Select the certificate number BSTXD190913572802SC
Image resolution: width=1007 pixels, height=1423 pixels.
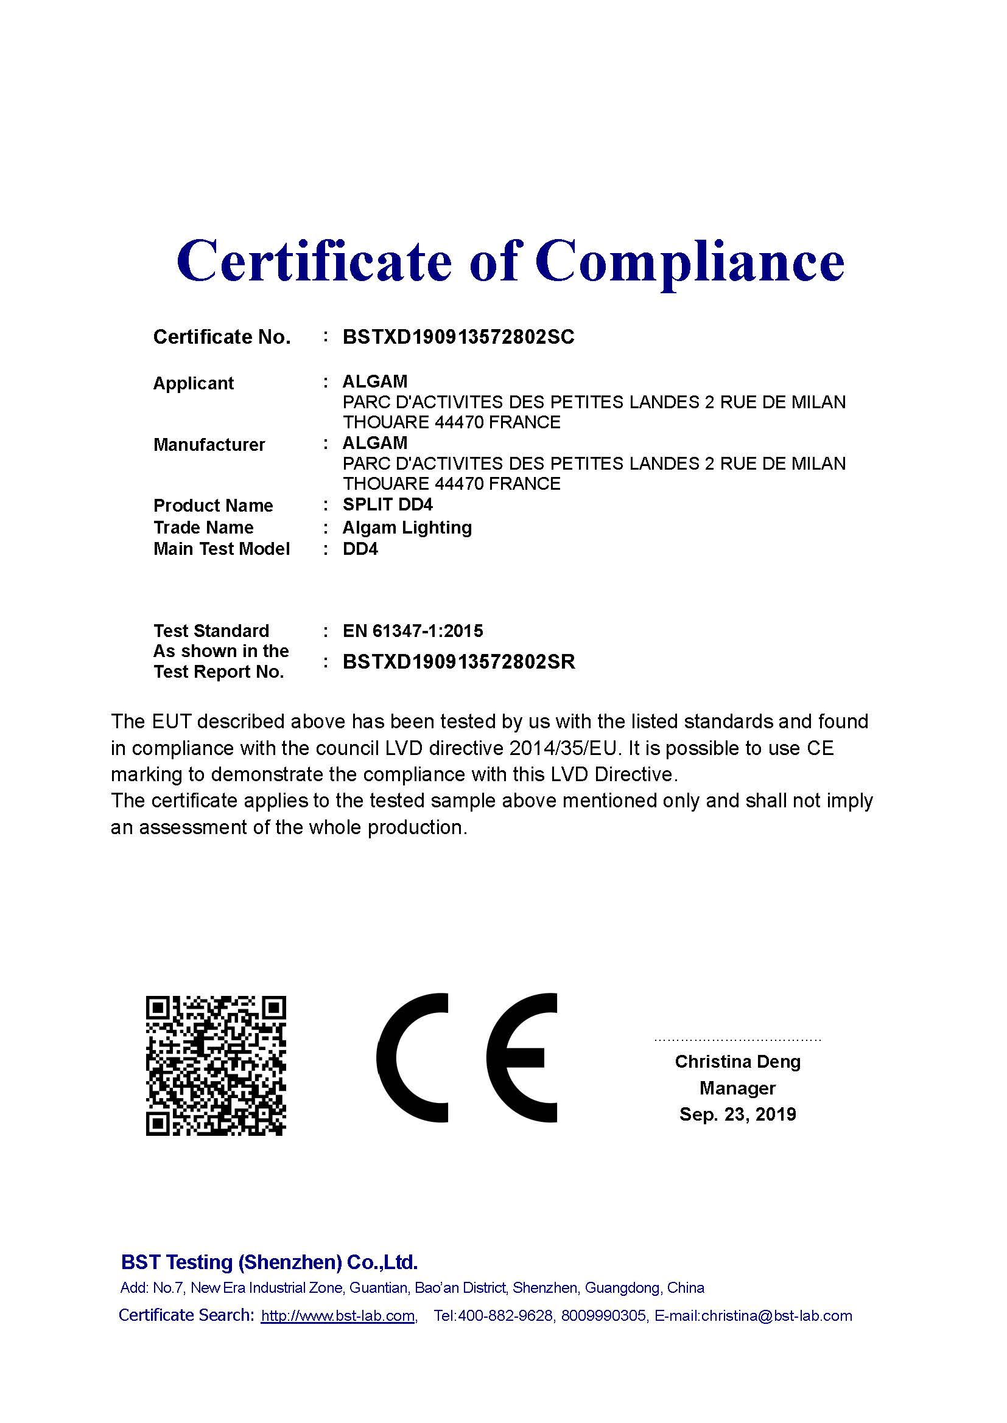pos(458,336)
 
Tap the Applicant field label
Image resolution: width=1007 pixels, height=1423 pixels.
pos(193,383)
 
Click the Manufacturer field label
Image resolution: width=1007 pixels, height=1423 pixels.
pos(209,444)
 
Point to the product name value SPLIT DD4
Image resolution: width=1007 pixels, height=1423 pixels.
pos(388,504)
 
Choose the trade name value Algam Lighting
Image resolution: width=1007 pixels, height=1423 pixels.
pos(407,527)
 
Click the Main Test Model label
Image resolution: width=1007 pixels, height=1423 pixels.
pos(222,549)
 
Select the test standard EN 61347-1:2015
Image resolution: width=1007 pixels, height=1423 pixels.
pos(412,631)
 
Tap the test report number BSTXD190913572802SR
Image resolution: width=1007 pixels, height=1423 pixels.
pos(459,662)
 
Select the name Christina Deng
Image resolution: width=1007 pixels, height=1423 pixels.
pos(737,1062)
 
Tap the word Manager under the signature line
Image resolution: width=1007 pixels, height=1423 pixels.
pos(737,1088)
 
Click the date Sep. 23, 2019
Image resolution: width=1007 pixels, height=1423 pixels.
pos(737,1115)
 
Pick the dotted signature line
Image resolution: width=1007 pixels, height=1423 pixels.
pos(737,1039)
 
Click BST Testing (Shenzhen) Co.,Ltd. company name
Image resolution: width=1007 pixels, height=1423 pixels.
pos(269,1262)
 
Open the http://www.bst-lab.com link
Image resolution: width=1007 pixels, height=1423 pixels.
pos(338,1316)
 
